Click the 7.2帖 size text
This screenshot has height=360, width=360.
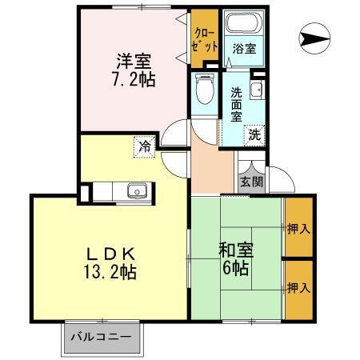[133, 79]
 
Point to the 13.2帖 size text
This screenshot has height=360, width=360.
[112, 273]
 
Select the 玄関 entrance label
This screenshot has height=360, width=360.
[249, 182]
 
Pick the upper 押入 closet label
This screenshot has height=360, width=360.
[298, 229]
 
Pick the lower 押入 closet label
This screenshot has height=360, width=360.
[298, 286]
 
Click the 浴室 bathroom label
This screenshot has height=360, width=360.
[243, 49]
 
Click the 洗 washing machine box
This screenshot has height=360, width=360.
[255, 134]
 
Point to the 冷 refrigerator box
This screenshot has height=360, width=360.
[143, 147]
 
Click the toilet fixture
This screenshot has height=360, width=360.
[204, 89]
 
